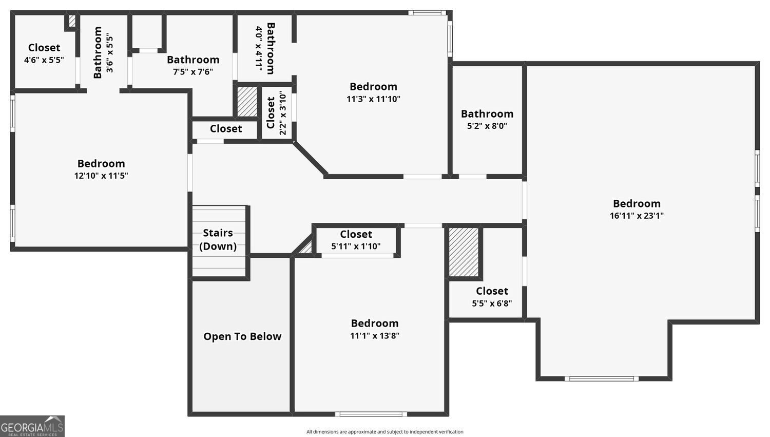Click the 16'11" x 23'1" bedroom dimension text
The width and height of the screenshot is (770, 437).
click(637, 216)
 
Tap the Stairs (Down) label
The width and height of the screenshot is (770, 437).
click(218, 240)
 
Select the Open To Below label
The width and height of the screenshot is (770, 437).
click(242, 337)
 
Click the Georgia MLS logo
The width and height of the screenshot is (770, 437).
click(32, 426)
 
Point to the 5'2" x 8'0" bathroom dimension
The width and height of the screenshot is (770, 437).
click(487, 126)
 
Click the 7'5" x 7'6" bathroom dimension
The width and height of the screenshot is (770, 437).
click(193, 72)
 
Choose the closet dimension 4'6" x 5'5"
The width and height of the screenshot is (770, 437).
click(44, 60)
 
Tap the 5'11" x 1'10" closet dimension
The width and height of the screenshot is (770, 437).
click(356, 246)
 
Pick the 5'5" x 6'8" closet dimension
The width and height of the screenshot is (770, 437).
click(492, 303)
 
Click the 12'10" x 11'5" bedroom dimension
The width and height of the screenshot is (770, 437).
click(101, 176)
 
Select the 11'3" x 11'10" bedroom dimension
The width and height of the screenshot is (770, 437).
click(373, 99)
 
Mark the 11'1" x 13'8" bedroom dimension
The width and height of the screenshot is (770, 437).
click(375, 336)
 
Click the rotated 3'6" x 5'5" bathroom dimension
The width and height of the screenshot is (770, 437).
click(109, 53)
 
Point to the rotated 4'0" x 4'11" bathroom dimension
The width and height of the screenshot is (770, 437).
click(259, 49)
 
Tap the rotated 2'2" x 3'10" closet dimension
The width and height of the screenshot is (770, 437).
click(282, 113)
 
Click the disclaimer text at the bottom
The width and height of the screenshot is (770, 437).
click(384, 432)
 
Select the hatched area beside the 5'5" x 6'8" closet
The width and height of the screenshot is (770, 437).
click(464, 252)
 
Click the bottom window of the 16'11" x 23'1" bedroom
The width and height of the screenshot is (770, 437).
click(602, 379)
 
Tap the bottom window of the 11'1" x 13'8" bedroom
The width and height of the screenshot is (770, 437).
click(371, 414)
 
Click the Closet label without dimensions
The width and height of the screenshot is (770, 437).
click(226, 129)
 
